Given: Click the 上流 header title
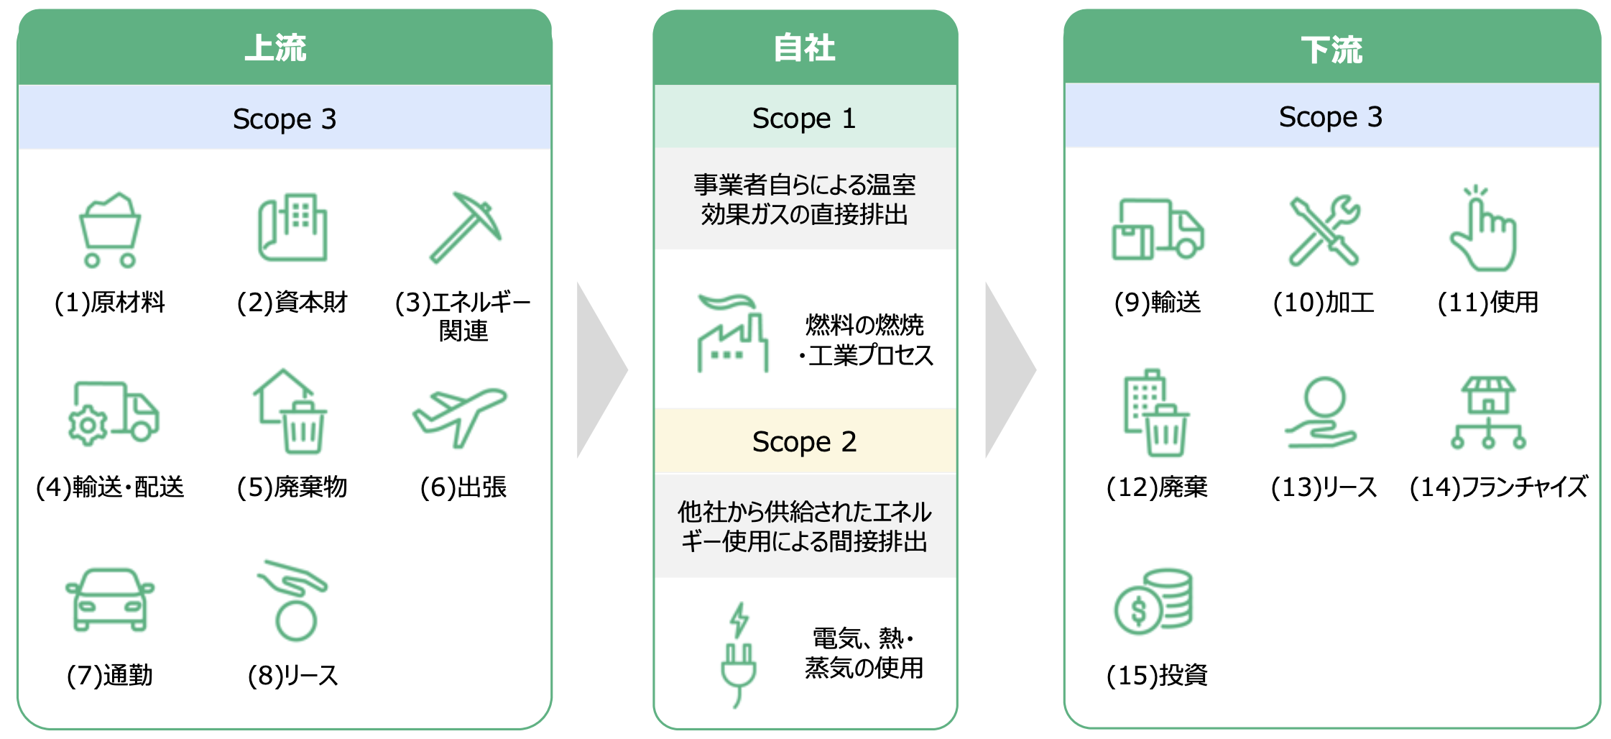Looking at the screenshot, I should pyautogui.click(x=275, y=48).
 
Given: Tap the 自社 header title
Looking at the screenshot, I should pyautogui.click(x=804, y=48).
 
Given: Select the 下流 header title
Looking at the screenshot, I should pyautogui.click(x=1331, y=50).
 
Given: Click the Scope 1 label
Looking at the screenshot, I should pyautogui.click(x=804, y=118).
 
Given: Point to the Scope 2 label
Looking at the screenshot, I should pyautogui.click(x=804, y=441).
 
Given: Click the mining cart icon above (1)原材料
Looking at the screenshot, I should pyautogui.click(x=110, y=229).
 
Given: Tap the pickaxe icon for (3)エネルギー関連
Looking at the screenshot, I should pyautogui.click(x=465, y=227).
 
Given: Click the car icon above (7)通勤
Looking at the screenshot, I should pyautogui.click(x=110, y=600).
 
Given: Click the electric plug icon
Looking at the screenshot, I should pyautogui.click(x=739, y=654).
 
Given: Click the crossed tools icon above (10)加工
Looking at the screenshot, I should pyautogui.click(x=1324, y=230).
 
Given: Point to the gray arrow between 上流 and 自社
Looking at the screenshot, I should pyautogui.click(x=601, y=369).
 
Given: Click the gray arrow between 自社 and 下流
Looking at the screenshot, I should pyautogui.click(x=1010, y=369).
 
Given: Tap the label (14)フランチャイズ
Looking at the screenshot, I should pyautogui.click(x=1498, y=487).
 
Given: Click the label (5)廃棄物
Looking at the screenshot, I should pyautogui.click(x=292, y=487).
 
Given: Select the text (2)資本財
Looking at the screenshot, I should pyautogui.click(x=292, y=302).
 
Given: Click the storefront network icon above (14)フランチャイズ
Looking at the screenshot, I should pyautogui.click(x=1487, y=413).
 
